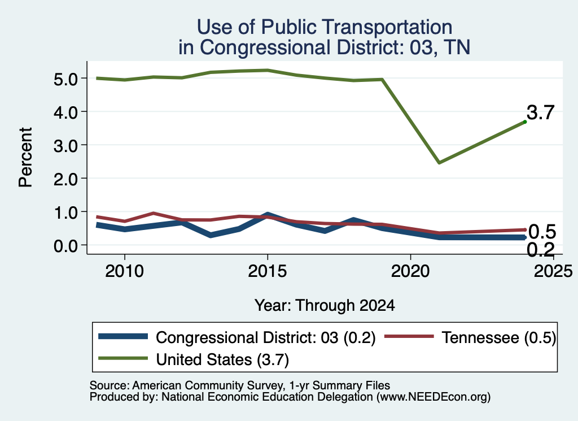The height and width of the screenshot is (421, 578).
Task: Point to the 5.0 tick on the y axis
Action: click(x=65, y=79)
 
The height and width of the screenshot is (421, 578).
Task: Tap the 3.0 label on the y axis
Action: click(x=65, y=146)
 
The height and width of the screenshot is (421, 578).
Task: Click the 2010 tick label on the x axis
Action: click(x=125, y=271)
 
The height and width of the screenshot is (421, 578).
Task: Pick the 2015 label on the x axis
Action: click(x=267, y=271)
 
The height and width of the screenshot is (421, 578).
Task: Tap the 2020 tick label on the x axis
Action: click(x=410, y=271)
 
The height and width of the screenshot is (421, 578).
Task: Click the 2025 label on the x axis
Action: click(x=553, y=271)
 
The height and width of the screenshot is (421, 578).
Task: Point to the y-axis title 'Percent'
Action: click(x=25, y=157)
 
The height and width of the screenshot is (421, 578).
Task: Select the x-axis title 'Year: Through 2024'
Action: click(x=325, y=306)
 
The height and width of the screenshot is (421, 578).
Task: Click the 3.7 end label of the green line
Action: click(x=540, y=112)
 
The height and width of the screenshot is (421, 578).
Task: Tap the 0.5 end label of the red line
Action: click(x=542, y=232)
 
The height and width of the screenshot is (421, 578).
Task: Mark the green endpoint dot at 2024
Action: click(x=525, y=121)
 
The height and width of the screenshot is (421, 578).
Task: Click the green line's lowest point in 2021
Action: click(x=439, y=162)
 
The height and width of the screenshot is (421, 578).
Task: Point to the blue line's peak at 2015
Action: click(x=268, y=215)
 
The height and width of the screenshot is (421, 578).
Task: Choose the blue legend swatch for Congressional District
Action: click(x=123, y=336)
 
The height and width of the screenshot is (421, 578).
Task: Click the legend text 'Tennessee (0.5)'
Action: click(x=498, y=337)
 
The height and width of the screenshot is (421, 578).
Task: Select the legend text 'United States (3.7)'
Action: click(x=222, y=359)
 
